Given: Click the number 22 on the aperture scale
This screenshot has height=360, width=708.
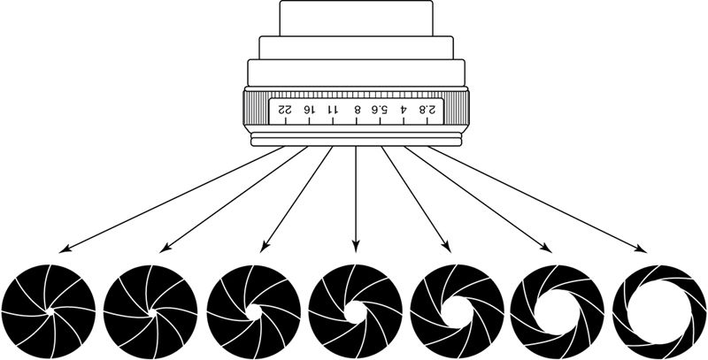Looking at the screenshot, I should click(285, 109).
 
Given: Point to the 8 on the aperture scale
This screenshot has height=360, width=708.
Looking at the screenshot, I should click(357, 109).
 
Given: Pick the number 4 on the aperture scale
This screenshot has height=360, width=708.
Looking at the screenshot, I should click(404, 109).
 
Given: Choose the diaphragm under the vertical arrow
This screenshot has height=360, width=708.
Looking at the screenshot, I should click(355, 310).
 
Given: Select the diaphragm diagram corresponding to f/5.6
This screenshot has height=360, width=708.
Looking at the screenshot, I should click(457, 310).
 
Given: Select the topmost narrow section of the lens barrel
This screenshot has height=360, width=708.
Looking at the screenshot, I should click(355, 18).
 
